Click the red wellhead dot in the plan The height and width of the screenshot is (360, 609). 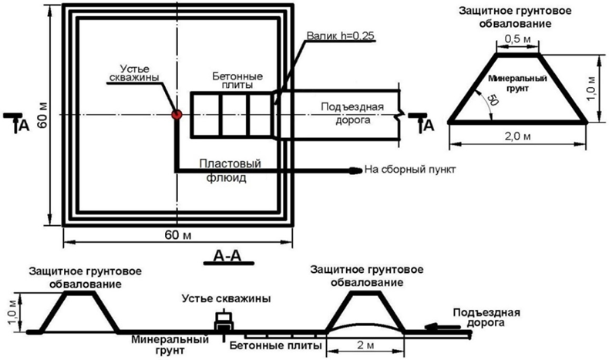[x=176, y=114]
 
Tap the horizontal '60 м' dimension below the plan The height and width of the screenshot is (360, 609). [x=177, y=234]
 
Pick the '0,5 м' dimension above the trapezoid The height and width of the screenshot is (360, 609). [x=517, y=38]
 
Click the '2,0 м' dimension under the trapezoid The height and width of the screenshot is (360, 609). [x=519, y=137]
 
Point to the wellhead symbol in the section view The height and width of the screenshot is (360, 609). [x=224, y=321]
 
